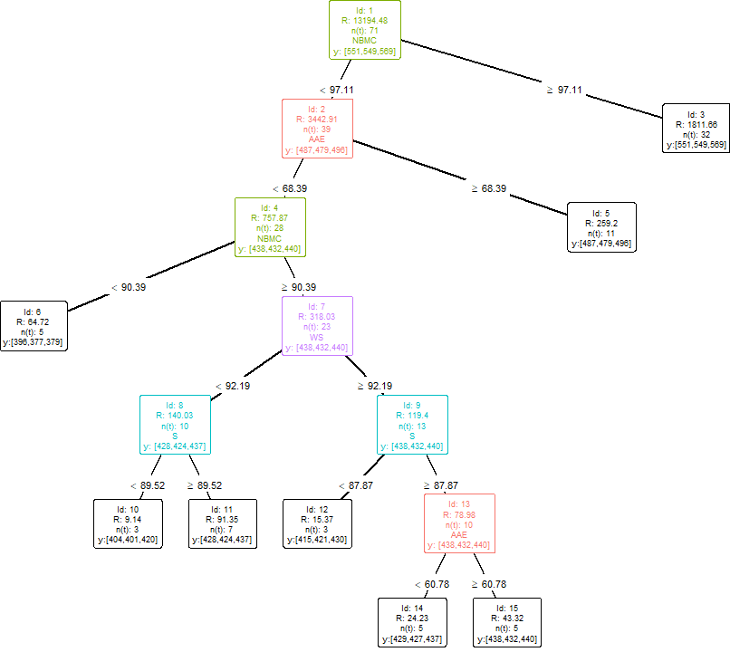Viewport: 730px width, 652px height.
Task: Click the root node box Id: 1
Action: (x=365, y=30)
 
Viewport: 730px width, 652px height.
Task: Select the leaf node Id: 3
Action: (x=696, y=127)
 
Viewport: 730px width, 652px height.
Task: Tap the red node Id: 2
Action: (x=316, y=128)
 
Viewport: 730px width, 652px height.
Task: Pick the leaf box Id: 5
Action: (x=601, y=225)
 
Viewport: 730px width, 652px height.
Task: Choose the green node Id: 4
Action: (x=270, y=226)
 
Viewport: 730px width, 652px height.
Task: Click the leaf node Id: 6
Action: (x=33, y=325)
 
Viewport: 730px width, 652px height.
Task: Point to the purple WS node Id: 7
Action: (x=317, y=325)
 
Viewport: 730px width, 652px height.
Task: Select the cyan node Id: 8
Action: (x=175, y=424)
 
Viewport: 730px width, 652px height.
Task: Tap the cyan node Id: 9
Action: (x=413, y=424)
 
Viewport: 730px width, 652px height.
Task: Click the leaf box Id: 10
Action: (x=128, y=523)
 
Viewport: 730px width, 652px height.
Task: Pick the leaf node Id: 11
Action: (x=222, y=523)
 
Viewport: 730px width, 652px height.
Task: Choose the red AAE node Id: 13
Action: (x=459, y=523)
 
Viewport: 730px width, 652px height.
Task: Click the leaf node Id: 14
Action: (x=413, y=622)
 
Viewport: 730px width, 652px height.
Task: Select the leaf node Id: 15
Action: (x=507, y=622)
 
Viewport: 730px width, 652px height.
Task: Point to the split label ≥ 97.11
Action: (x=563, y=91)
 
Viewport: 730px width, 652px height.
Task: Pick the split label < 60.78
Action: (x=432, y=584)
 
